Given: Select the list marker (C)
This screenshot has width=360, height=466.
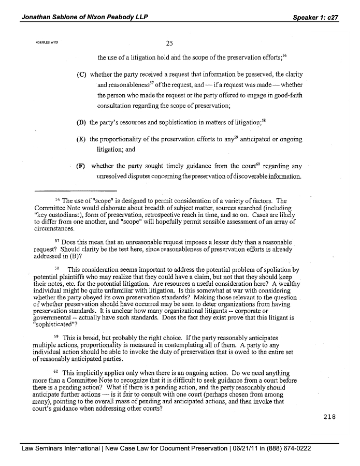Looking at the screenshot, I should [x=81, y=74].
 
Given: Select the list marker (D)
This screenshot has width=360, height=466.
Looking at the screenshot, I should [x=81, y=123].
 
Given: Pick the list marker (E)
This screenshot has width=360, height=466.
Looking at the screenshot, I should [x=81, y=139].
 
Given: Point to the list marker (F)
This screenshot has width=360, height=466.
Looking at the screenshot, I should [x=81, y=166].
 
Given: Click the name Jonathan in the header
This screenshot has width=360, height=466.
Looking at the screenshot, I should [x=37, y=17].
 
